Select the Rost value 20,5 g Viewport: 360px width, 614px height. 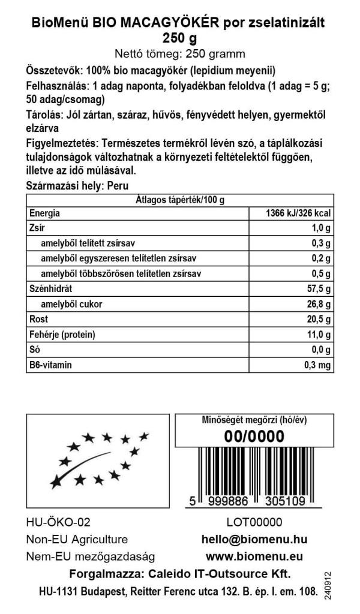[317, 319]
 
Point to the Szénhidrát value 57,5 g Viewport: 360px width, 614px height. [317, 289]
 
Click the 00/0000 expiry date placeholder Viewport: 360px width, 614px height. [253, 438]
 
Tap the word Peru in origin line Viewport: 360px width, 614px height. [118, 186]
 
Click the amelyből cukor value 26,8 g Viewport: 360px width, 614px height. [317, 304]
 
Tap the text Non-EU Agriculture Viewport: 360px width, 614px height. [77, 539]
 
